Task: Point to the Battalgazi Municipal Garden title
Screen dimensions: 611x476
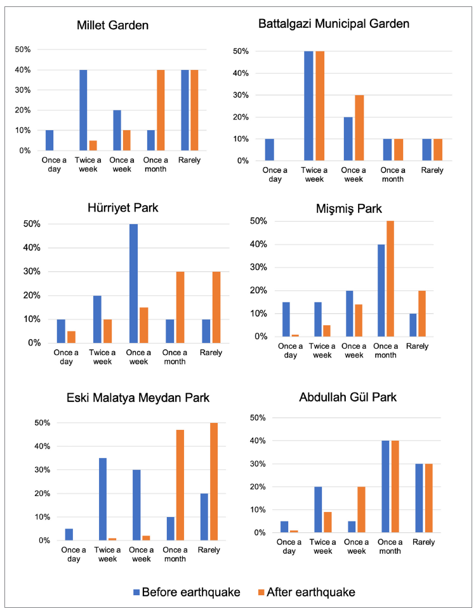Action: (x=334, y=24)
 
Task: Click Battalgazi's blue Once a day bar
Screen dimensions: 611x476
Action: (x=270, y=149)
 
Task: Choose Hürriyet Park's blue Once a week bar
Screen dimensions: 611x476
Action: (x=134, y=283)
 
